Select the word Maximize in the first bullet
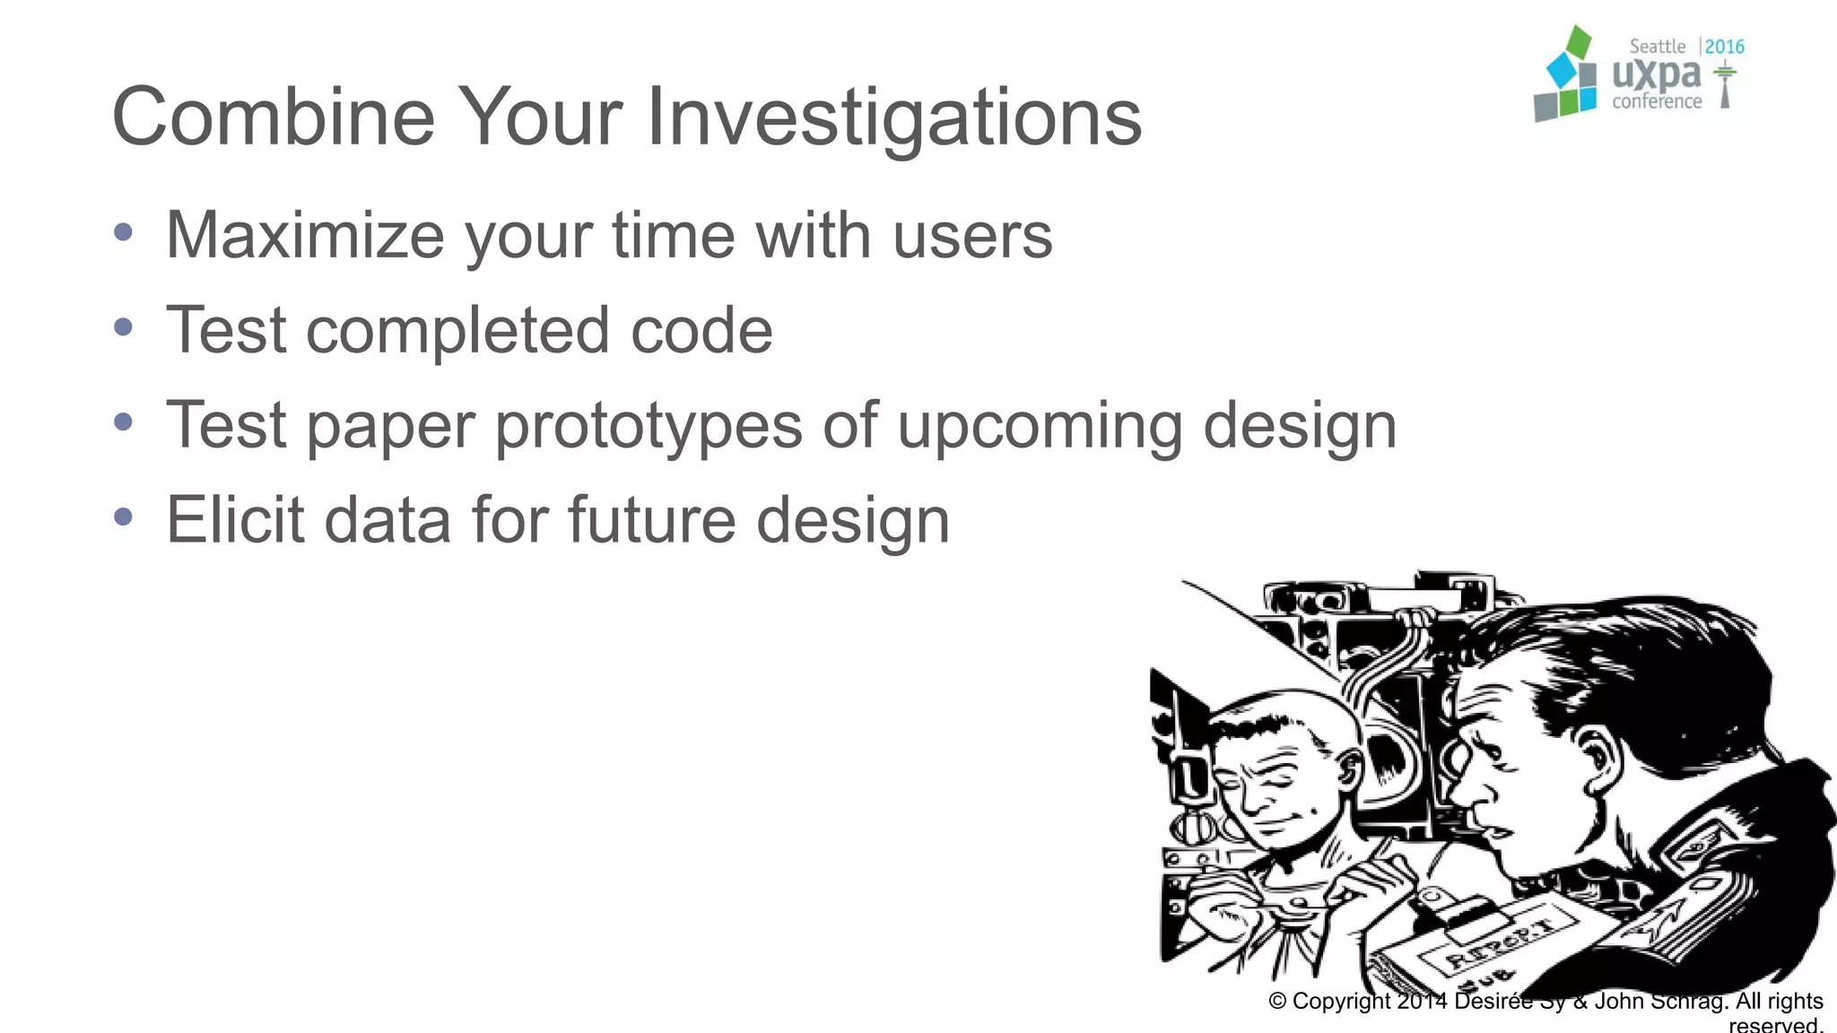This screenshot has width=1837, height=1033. point(305,235)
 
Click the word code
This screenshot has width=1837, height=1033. point(701,331)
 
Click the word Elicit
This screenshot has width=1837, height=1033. point(235,520)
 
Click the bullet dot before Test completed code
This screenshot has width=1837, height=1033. point(124,327)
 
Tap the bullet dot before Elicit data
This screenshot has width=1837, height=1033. point(124,516)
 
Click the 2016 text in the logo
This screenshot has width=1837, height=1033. point(1724,47)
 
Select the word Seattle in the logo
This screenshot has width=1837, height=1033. point(1657,47)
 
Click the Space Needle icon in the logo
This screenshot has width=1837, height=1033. point(1724,85)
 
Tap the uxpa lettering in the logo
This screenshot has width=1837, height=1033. point(1656,75)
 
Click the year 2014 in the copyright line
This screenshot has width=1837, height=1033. point(1421,1001)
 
